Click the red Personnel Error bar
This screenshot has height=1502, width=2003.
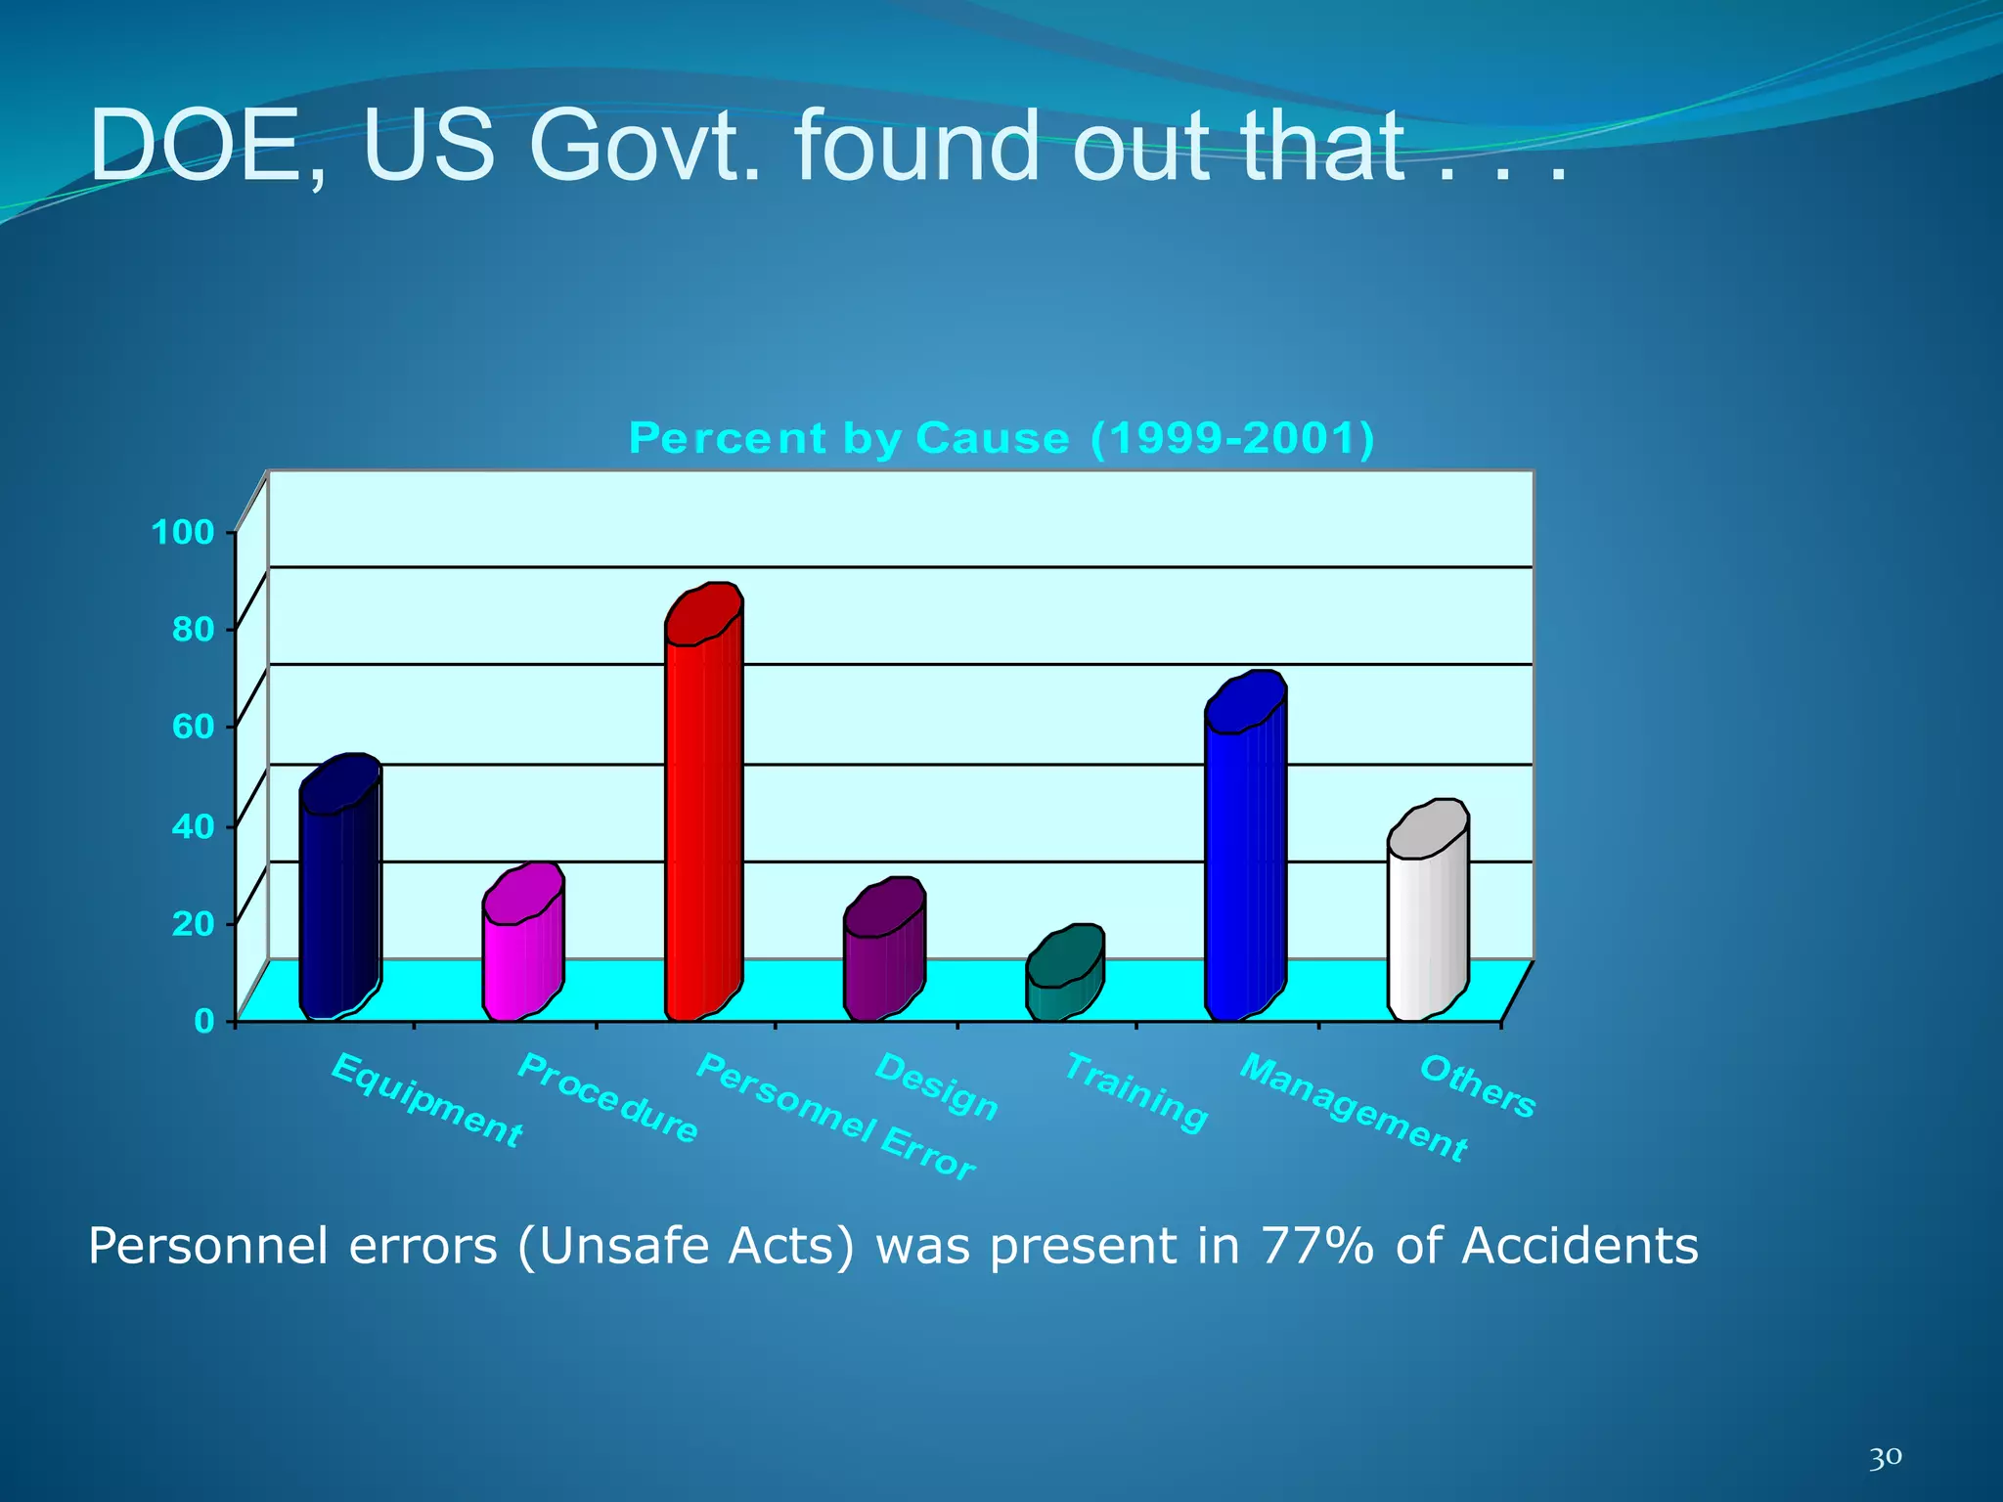[x=702, y=812]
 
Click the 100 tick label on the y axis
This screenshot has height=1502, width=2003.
[x=182, y=533]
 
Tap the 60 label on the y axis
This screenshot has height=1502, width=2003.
[x=193, y=728]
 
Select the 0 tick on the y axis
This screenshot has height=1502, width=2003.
[x=203, y=1022]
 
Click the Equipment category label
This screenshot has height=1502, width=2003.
[x=427, y=1099]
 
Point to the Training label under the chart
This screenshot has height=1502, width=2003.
[x=1135, y=1091]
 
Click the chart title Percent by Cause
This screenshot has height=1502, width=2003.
[x=1001, y=438]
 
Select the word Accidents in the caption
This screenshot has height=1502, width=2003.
[x=1579, y=1247]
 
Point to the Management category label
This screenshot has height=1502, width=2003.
[x=1354, y=1107]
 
